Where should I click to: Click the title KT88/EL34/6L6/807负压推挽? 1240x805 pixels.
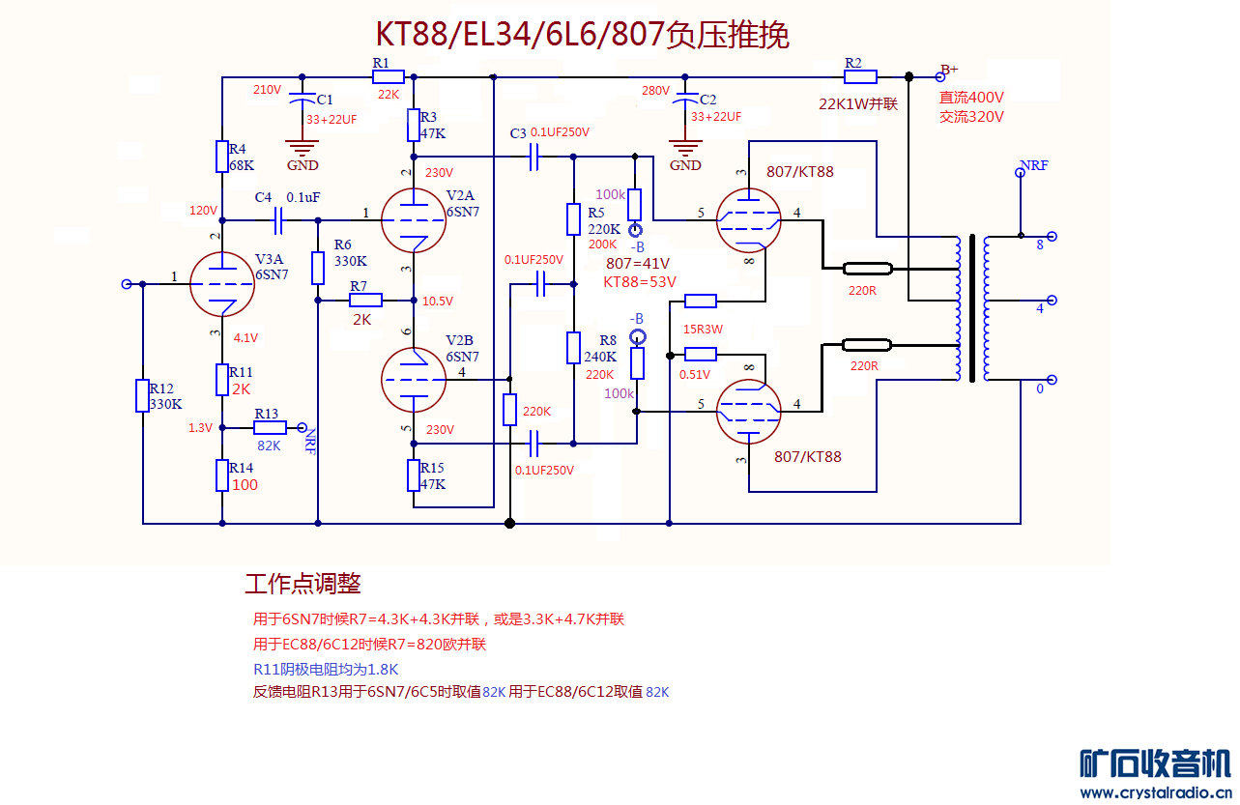pyautogui.click(x=582, y=35)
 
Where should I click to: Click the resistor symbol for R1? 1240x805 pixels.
pyautogui.click(x=388, y=77)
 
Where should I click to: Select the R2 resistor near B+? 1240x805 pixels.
pyautogui.click(x=860, y=77)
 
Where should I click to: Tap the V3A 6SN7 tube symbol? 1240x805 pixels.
pyautogui.click(x=222, y=285)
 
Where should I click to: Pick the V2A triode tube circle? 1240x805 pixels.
pyautogui.click(x=414, y=218)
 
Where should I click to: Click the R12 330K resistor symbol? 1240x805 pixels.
pyautogui.click(x=143, y=395)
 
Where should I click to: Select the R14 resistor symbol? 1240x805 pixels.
pyautogui.click(x=222, y=475)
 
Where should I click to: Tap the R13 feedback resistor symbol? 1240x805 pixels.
pyautogui.click(x=270, y=427)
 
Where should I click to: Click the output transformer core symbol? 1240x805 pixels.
pyautogui.click(x=971, y=307)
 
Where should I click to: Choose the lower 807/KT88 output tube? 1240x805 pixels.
pyautogui.click(x=749, y=411)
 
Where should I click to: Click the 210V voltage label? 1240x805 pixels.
pyautogui.click(x=268, y=90)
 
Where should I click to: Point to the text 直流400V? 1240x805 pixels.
pyautogui.click(x=971, y=98)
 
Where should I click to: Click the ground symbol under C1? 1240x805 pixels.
pyautogui.click(x=303, y=148)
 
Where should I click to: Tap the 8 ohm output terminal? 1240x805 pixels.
pyautogui.click(x=1052, y=236)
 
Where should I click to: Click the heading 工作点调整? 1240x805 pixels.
pyautogui.click(x=303, y=584)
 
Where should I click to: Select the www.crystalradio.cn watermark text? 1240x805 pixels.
pyautogui.click(x=1155, y=792)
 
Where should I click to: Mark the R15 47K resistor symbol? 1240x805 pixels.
pyautogui.click(x=414, y=475)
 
